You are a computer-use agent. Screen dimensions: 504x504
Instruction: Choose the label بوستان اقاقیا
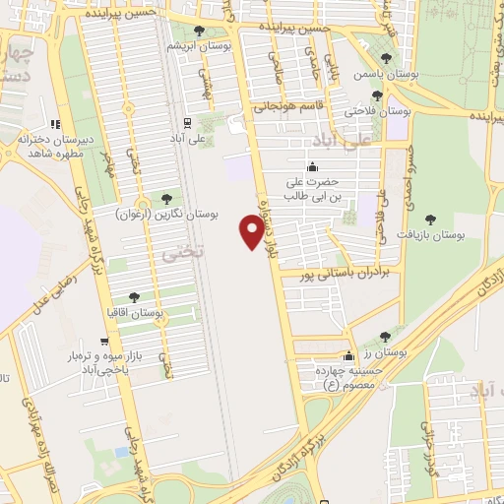[136, 312]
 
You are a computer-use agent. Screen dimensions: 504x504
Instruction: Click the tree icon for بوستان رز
[385, 337]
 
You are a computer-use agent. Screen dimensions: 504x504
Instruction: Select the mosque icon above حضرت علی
[312, 166]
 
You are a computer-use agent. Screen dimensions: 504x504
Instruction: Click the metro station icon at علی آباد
[186, 122]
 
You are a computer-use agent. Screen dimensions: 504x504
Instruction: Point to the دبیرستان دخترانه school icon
[55, 124]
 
